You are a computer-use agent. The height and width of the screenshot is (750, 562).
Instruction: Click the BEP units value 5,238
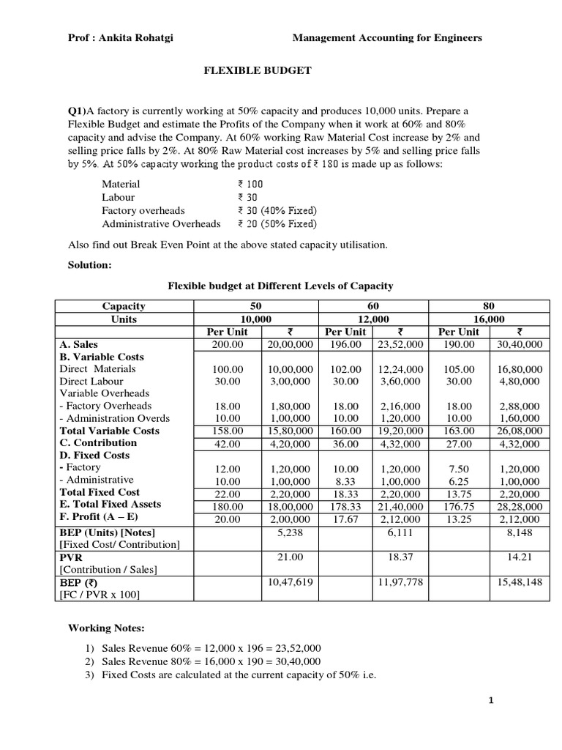coord(290,532)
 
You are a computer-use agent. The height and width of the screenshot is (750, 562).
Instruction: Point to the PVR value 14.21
coord(523,557)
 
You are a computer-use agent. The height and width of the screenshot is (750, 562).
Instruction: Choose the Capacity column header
coord(124,306)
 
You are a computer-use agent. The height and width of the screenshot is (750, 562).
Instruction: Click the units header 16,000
coord(489,319)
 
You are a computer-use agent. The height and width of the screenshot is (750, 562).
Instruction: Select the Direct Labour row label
coord(91,381)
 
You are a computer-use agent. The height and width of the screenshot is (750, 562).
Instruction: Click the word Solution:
coord(89,265)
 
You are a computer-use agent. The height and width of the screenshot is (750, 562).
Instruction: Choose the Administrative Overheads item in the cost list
coord(161,223)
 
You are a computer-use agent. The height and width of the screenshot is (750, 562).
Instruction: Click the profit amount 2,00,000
coord(290,517)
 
